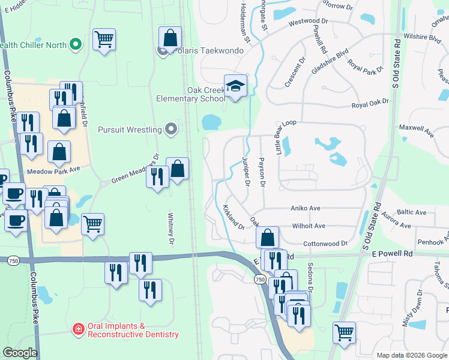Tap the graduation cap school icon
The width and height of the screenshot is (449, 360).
236,86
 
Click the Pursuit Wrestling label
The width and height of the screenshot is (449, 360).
130,129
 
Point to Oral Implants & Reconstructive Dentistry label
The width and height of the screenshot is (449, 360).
133,330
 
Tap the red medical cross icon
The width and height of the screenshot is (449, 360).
78,329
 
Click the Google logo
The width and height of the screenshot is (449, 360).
20,353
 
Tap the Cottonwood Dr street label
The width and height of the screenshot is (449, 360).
325,244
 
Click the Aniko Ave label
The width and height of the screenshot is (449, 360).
306,208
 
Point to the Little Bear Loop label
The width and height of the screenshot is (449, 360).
286,137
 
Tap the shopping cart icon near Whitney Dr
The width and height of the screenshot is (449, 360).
92,224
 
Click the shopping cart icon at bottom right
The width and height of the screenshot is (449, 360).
344,332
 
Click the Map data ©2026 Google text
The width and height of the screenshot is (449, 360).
411,355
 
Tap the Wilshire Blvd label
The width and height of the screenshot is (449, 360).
423,37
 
